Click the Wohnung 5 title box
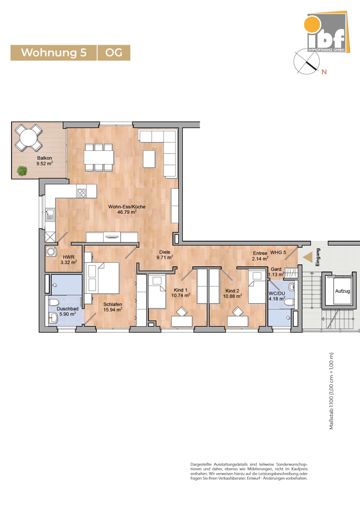53,53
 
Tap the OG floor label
114,53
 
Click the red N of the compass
323,72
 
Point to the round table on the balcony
29,138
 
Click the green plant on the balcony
22,171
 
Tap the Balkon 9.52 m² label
44,161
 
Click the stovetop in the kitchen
81,192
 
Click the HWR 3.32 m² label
68,260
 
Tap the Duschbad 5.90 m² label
67,312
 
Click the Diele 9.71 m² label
165,254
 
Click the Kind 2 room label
233,292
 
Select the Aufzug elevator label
341,292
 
